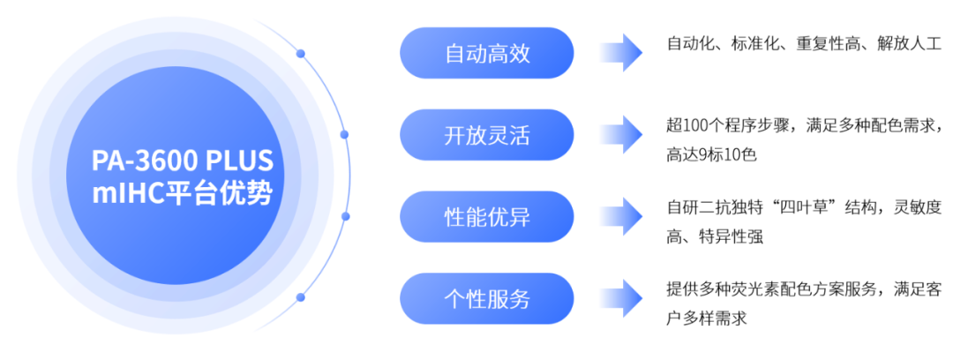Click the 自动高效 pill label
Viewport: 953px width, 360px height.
point(487,54)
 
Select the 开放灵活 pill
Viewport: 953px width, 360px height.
point(487,135)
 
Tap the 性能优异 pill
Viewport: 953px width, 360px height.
point(487,216)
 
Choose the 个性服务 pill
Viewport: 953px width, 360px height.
point(487,298)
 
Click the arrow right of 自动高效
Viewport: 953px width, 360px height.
point(620,53)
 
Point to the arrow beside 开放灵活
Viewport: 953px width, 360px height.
point(620,135)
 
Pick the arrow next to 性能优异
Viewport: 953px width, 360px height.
point(620,216)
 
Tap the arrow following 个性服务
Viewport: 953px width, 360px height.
point(620,298)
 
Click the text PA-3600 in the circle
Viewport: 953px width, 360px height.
point(143,161)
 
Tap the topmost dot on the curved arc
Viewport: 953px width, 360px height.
point(300,54)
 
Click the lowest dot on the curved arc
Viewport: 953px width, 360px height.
point(300,296)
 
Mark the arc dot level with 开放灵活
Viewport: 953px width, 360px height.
point(344,135)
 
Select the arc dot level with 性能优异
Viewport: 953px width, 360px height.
point(344,216)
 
